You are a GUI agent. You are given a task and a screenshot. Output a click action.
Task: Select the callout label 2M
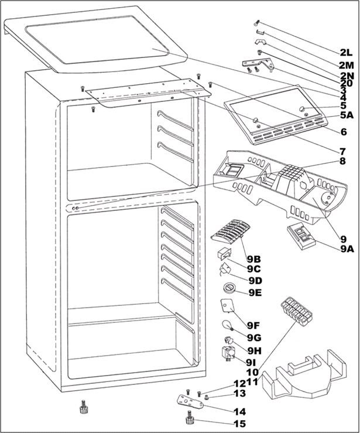[346, 64]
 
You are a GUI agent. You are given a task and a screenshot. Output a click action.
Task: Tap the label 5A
[347, 115]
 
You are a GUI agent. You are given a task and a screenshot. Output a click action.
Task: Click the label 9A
[347, 248]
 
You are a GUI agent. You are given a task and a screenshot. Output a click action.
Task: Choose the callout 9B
[253, 258]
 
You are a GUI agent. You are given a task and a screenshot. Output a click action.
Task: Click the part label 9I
[252, 362]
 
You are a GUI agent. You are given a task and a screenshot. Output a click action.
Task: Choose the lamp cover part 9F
[227, 306]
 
